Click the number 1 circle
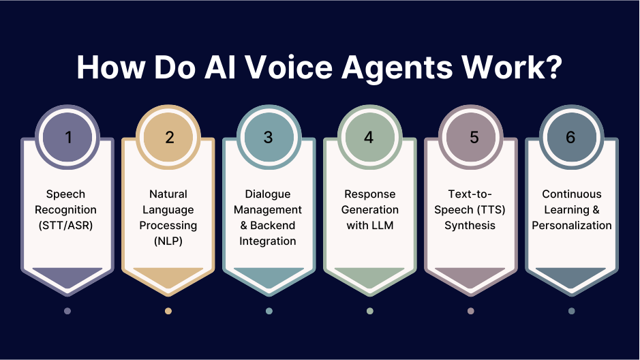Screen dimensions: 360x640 (x=67, y=137)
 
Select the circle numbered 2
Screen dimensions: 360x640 (x=169, y=137)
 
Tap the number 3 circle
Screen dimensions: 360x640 (x=269, y=137)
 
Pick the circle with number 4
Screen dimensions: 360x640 (x=369, y=137)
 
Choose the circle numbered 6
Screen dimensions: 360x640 (x=571, y=137)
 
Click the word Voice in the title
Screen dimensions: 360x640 (x=269, y=68)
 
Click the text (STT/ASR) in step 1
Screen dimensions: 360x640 (x=67, y=225)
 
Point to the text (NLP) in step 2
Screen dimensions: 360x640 (x=168, y=241)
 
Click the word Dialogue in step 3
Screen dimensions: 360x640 (x=268, y=194)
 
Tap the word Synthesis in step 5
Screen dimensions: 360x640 (x=470, y=225)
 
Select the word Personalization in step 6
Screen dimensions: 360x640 (x=571, y=225)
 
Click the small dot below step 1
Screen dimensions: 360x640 (x=67, y=311)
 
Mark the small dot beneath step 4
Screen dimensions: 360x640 (x=369, y=311)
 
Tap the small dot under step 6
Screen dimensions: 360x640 (x=571, y=311)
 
